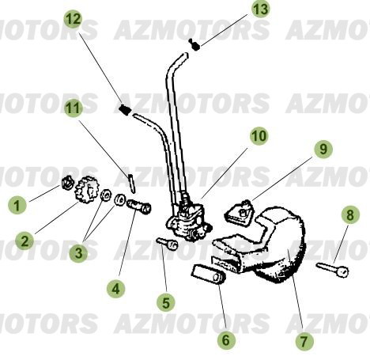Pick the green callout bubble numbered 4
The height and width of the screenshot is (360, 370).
pyautogui.click(x=116, y=290)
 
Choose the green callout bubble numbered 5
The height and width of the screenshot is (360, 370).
pyautogui.click(x=164, y=301)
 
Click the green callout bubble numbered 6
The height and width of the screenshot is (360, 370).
pyautogui.click(x=226, y=340)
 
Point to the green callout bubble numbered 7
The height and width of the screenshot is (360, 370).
pyautogui.click(x=305, y=342)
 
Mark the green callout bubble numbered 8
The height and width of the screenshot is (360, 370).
pyautogui.click(x=349, y=215)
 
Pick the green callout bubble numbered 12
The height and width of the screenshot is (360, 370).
pyautogui.click(x=72, y=17)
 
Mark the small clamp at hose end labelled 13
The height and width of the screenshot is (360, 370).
pyautogui.click(x=194, y=44)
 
